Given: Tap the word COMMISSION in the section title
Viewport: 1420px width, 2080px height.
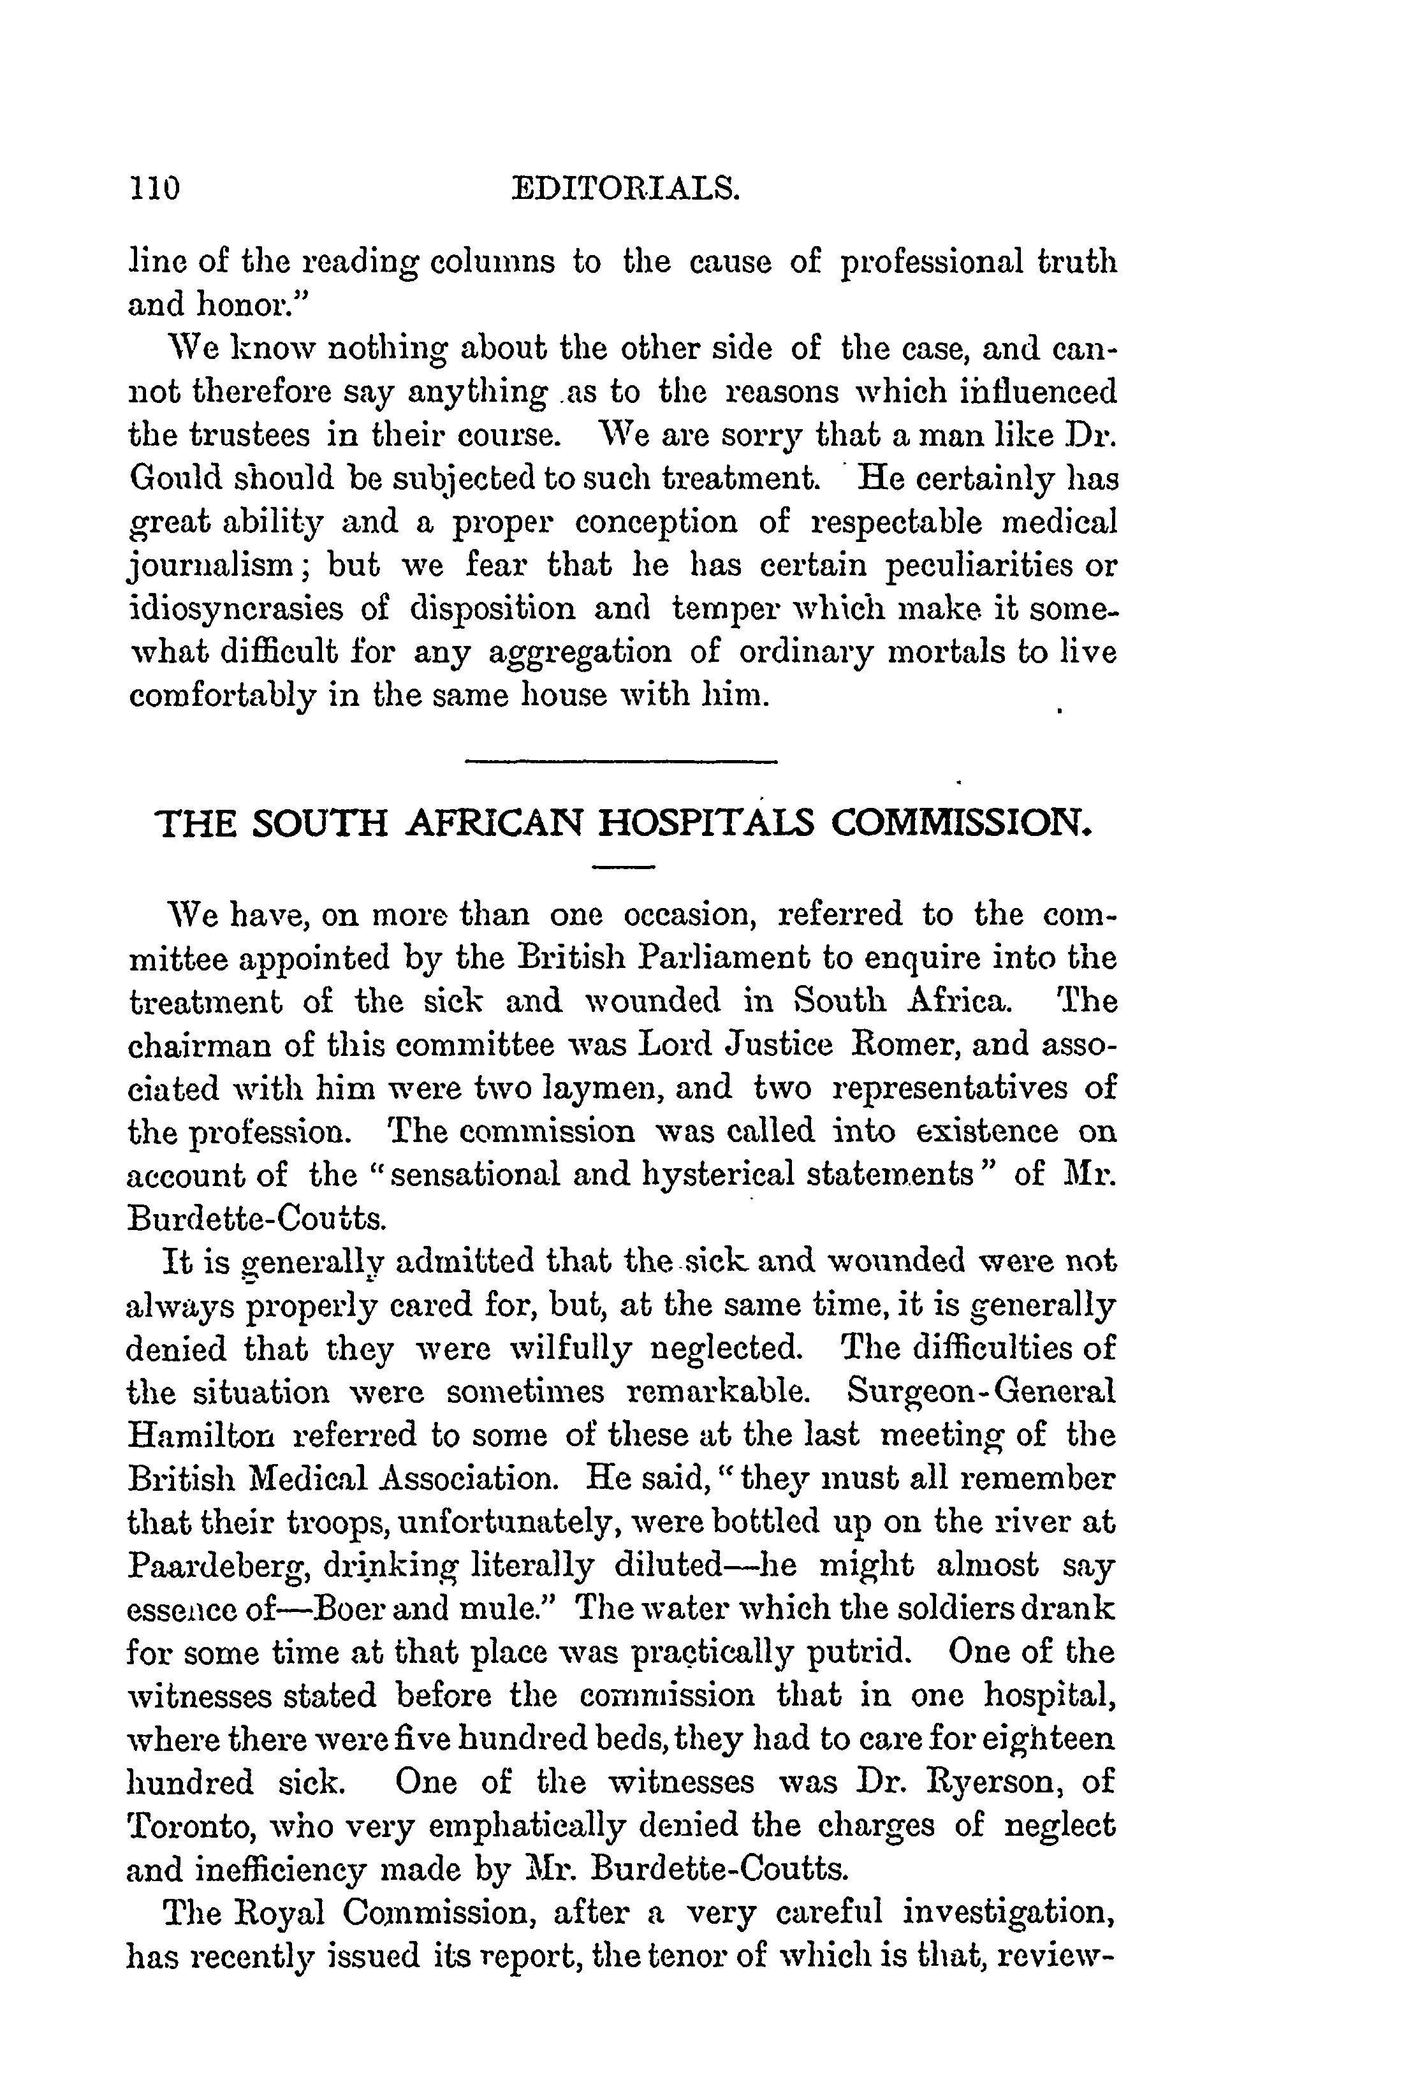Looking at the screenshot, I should pos(960,823).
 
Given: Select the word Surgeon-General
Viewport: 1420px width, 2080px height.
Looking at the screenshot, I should pos(981,1392).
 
